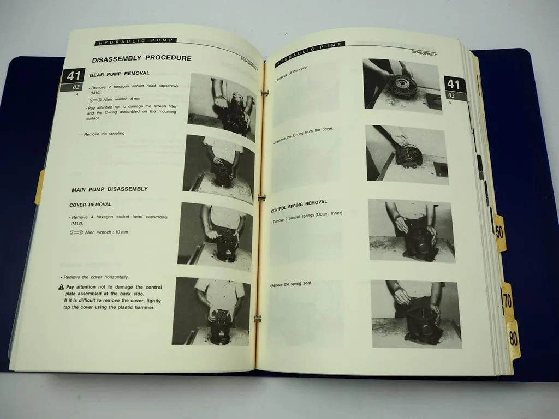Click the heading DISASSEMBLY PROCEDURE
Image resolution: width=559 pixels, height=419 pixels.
click(x=141, y=58)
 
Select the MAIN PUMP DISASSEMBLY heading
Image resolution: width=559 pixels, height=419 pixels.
click(x=110, y=189)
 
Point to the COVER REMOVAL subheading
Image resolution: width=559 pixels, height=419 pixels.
click(x=91, y=205)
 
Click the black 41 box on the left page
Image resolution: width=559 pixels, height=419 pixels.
click(x=73, y=76)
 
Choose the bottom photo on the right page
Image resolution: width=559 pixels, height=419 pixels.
click(x=416, y=314)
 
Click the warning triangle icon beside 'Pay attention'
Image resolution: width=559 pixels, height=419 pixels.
click(x=61, y=287)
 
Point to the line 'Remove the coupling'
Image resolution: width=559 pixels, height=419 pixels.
click(x=104, y=133)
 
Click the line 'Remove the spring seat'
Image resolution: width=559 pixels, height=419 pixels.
click(x=291, y=284)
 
